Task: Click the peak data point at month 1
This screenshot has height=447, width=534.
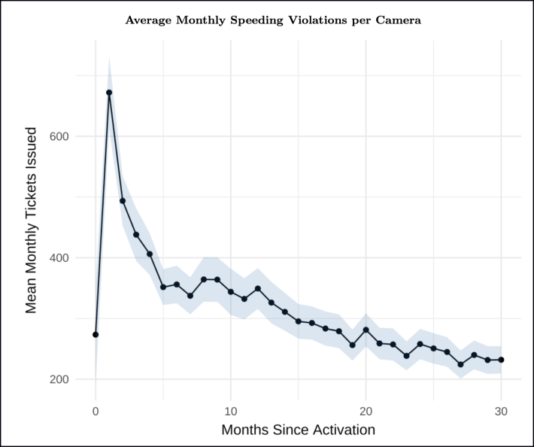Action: coord(109,93)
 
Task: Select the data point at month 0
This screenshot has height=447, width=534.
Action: coord(96,334)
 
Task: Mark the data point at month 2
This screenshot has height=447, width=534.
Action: coord(123,201)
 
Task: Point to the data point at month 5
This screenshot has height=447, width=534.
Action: coord(163,287)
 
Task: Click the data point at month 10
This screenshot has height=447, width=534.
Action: coord(231,292)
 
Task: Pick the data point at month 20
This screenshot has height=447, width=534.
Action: coord(366,330)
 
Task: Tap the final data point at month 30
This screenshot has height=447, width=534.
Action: coord(501,360)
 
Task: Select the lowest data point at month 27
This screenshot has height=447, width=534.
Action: coord(460,364)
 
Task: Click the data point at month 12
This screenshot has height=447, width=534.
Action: coord(258,288)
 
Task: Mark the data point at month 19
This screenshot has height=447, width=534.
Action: coord(352,345)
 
